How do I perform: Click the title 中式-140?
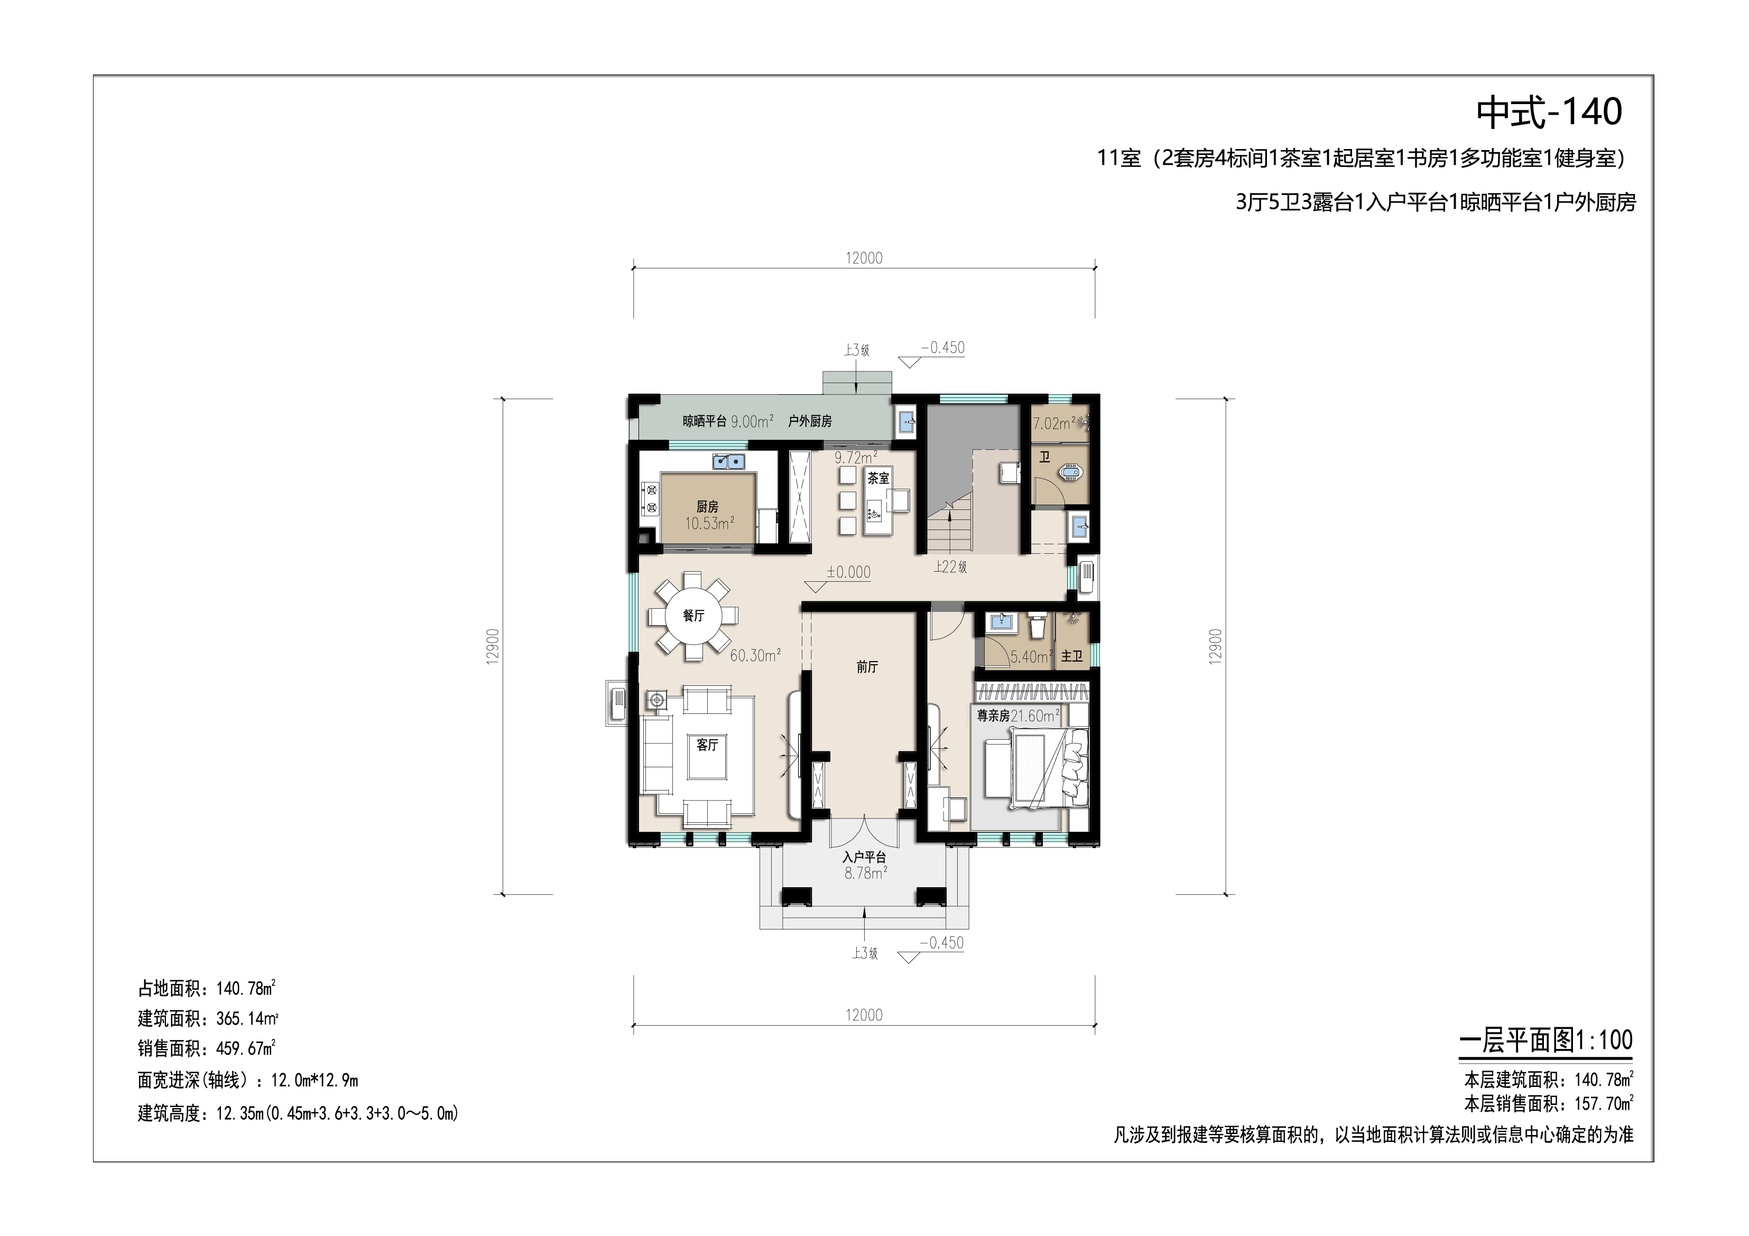[x=1549, y=112]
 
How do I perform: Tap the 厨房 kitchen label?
[x=707, y=506]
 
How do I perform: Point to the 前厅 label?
[x=867, y=667]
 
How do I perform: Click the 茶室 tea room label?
[x=878, y=478]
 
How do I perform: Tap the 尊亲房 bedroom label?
[x=993, y=716]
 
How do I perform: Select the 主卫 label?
[x=1072, y=656]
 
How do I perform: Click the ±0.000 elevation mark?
[x=848, y=572]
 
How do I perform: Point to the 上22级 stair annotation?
[x=951, y=566]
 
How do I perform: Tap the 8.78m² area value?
[x=865, y=873]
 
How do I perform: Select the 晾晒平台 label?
[x=705, y=421]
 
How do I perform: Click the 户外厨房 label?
[x=810, y=421]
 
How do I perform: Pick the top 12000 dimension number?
[x=864, y=258]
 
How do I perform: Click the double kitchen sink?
[x=196, y=461]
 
